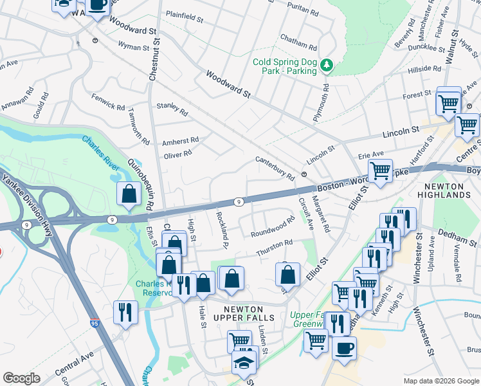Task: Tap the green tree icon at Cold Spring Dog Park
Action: (x=327, y=64)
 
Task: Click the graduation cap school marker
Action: (x=245, y=363)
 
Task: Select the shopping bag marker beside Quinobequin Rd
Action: (x=129, y=194)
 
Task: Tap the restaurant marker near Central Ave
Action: (x=124, y=313)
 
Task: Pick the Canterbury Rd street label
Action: (x=275, y=168)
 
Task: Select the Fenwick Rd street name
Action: (x=107, y=103)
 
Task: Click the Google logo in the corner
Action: (x=21, y=378)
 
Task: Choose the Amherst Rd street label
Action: (x=180, y=140)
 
